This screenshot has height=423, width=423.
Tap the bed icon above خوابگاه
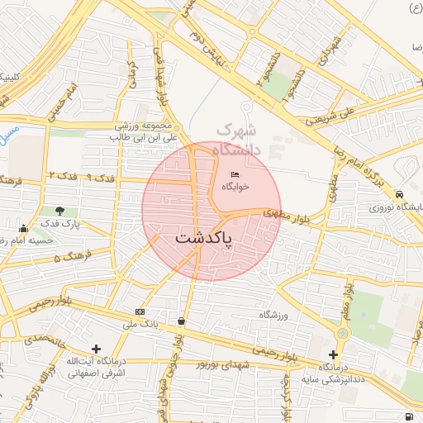coord(235,174)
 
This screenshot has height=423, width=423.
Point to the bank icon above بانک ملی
coord(139,311)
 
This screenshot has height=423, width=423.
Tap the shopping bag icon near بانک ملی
coord(181,321)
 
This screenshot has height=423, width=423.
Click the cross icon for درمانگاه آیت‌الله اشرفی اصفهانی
coord(97,349)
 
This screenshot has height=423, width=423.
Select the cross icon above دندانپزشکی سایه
coord(333,354)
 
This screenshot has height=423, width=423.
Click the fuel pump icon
coord(409,416)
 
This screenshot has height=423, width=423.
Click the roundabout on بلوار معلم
coord(343,333)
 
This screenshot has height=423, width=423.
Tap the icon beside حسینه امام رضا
coord(22,229)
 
